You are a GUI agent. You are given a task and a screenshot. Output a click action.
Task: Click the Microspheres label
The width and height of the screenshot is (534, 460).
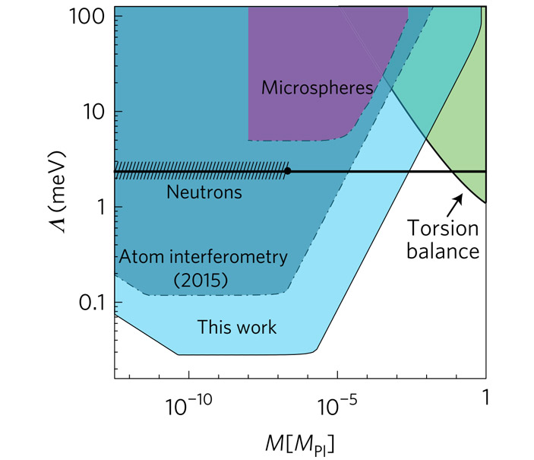click(317, 88)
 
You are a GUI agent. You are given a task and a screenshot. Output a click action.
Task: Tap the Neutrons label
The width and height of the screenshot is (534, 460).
click(204, 192)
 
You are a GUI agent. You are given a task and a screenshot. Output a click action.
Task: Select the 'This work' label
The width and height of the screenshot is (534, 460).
click(237, 328)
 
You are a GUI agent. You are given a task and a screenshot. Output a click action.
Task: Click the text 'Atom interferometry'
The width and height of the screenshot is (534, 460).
click(203, 257)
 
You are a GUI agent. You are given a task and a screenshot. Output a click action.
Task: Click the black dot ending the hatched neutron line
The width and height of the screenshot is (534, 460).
click(287, 171)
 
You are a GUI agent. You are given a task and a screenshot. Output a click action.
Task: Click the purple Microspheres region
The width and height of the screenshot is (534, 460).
click(304, 53)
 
